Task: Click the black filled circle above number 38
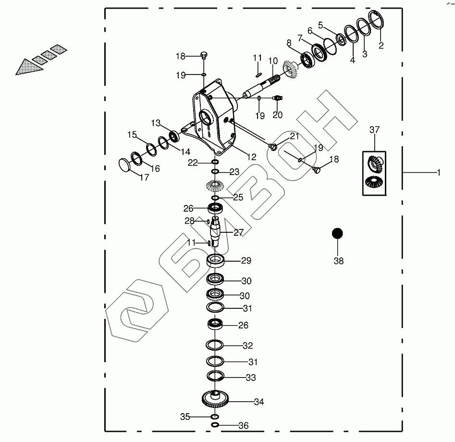[x=338, y=234]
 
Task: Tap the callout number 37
[x=375, y=130]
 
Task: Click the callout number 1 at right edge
[x=438, y=172]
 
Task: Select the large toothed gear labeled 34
[x=215, y=399]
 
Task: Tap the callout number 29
[x=246, y=261]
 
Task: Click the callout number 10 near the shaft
[x=273, y=61]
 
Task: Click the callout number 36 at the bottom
[x=244, y=426]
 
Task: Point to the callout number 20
[x=278, y=115]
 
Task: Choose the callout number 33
[x=251, y=378]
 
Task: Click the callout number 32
[x=248, y=346]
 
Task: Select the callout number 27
[x=239, y=233]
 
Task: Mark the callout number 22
[x=193, y=163]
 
